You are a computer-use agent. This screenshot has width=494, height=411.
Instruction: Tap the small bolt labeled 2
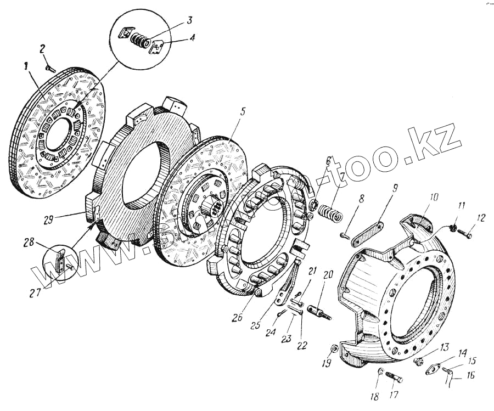[48, 69]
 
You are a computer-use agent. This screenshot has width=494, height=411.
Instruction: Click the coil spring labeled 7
[332, 212]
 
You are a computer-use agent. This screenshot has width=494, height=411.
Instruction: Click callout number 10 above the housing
[434, 196]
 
